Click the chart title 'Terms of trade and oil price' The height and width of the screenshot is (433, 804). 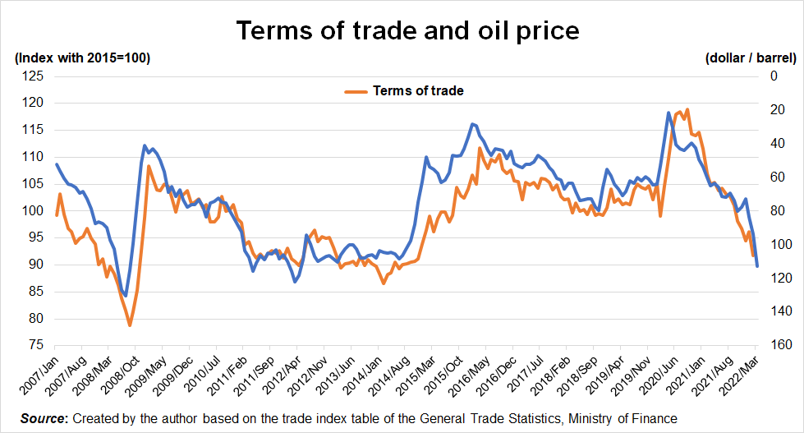(x=407, y=30)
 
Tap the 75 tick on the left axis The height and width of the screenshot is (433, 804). (x=34, y=345)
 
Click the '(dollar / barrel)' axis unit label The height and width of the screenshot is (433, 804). (x=750, y=58)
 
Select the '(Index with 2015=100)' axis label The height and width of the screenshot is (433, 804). (x=82, y=58)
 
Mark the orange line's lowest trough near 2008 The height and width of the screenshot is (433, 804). (x=130, y=325)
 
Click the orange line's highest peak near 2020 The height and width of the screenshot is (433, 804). (x=687, y=109)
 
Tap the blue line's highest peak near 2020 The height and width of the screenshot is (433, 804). (x=669, y=113)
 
